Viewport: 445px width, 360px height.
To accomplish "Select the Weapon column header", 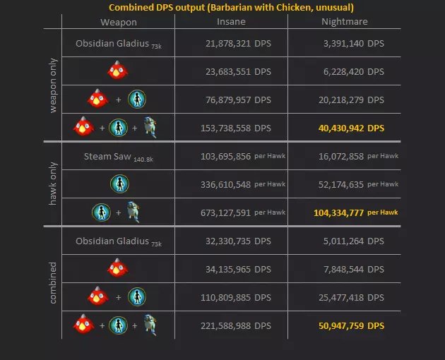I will [x=118, y=22].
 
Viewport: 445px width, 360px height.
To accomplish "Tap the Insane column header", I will [x=231, y=22].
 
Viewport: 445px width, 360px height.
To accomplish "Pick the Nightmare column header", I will [x=344, y=22].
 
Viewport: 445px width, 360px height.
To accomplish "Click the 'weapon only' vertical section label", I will [x=54, y=85].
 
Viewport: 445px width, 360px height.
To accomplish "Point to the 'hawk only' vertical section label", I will [x=54, y=184].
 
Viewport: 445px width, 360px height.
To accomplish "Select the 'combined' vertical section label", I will [x=54, y=283].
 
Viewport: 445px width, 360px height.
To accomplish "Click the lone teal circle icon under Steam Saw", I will [x=119, y=184].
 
